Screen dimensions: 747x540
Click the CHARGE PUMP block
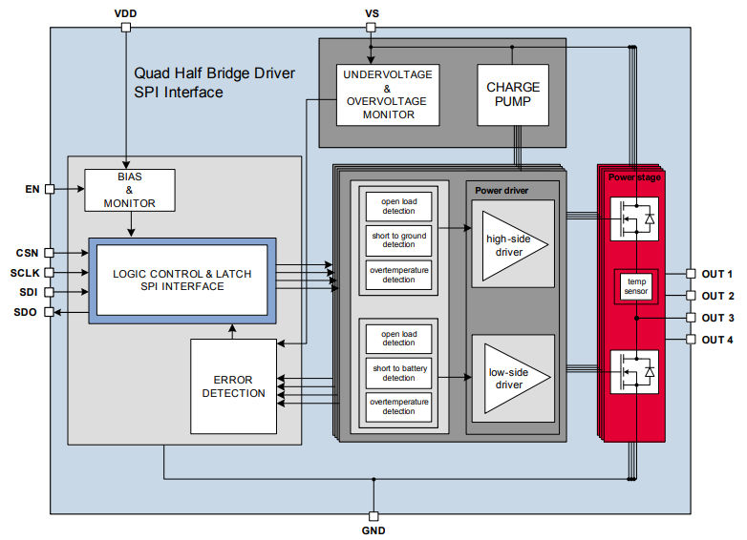pos(513,94)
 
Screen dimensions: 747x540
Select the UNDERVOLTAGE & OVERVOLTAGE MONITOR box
pos(388,94)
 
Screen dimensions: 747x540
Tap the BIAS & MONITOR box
pos(130,190)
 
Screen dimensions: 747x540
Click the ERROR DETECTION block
pos(233,386)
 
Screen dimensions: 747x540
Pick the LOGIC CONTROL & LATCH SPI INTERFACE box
pos(182,280)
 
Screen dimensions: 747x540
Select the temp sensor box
pos(636,286)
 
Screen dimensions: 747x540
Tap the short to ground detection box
pos(398,240)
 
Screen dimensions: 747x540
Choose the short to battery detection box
pos(398,373)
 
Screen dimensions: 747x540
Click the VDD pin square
pos(126,28)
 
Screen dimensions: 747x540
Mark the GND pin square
pos(373,516)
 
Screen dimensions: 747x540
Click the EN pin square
pos(50,189)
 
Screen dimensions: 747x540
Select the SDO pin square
pos(49,312)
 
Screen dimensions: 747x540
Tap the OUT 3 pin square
pos(691,318)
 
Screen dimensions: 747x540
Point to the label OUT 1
pos(717,274)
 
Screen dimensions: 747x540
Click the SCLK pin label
pos(25,273)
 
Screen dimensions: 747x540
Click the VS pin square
pos(371,28)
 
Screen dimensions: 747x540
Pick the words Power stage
pos(634,177)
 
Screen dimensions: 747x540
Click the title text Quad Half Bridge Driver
pos(214,73)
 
